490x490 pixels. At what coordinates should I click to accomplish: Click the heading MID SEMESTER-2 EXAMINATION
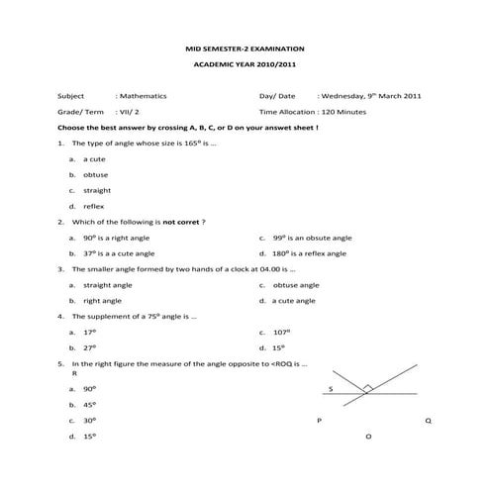tap(245, 48)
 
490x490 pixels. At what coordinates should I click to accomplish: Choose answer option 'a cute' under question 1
tap(94, 158)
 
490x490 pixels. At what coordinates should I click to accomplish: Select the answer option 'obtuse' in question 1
tap(96, 174)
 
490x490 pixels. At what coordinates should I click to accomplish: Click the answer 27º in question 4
tap(89, 347)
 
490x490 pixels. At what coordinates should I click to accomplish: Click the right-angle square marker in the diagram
tap(367, 389)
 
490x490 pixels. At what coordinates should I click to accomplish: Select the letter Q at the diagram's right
tap(428, 421)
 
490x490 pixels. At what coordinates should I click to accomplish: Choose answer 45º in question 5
tap(89, 405)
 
